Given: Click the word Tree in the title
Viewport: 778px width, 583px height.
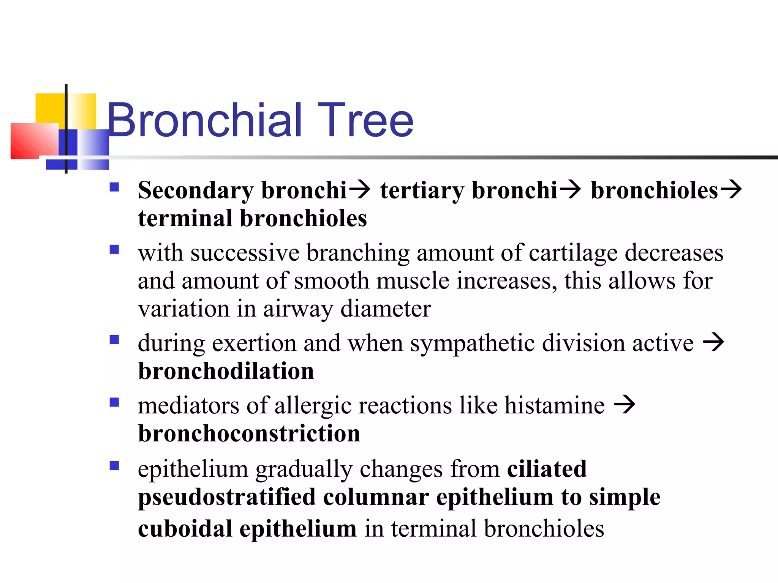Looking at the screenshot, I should pos(365,121).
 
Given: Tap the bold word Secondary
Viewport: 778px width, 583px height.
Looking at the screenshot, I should pos(196,191).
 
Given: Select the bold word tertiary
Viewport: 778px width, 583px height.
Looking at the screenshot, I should pos(422,191).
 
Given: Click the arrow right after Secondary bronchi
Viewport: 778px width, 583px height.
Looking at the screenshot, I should pos(359,190).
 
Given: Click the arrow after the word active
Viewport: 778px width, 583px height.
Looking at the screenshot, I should pos(713,342).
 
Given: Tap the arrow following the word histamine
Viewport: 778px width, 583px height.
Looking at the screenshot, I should pos(625,405).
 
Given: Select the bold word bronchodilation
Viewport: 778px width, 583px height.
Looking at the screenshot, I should pos(226,371).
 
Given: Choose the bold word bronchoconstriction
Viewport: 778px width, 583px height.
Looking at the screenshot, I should pos(249,433).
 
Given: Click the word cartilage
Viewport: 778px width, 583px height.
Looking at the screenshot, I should pos(573,254).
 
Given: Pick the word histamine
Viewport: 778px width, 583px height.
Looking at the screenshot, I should pos(554,405).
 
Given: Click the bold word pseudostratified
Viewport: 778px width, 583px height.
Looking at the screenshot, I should pos(227,498).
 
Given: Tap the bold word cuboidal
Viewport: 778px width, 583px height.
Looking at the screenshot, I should pos(185,529).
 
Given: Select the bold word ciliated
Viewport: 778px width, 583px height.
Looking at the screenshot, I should pos(547,469).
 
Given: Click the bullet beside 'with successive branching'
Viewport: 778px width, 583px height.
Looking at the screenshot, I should pos(114,249).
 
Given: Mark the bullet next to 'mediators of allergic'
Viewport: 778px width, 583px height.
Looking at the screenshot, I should pos(114,402).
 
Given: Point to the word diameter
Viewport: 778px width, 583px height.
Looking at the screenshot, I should pos(386,309).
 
